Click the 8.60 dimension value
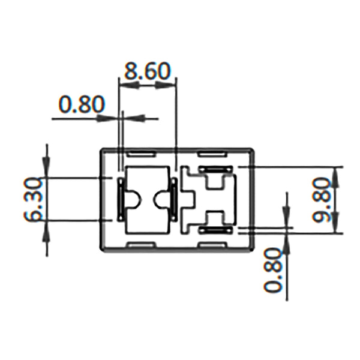(148, 71)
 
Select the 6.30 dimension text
(34, 199)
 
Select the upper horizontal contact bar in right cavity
(214, 170)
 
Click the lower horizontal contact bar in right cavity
(214, 229)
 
